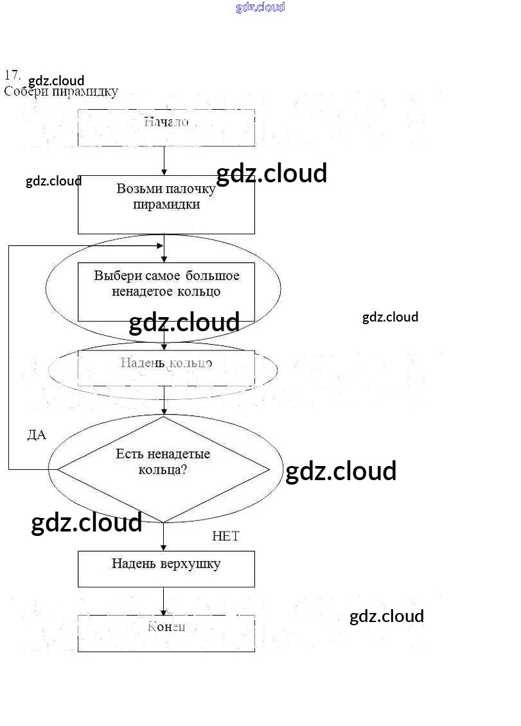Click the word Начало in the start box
[166, 122]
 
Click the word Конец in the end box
[166, 627]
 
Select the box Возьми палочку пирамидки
[166, 204]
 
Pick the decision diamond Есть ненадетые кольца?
[164, 469]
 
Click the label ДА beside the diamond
[37, 435]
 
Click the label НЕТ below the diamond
[225, 537]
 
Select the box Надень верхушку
[166, 569]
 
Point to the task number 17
[12, 74]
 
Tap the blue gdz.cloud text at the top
[260, 8]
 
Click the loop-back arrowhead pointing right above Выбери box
[160, 246]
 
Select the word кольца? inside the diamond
[163, 469]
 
